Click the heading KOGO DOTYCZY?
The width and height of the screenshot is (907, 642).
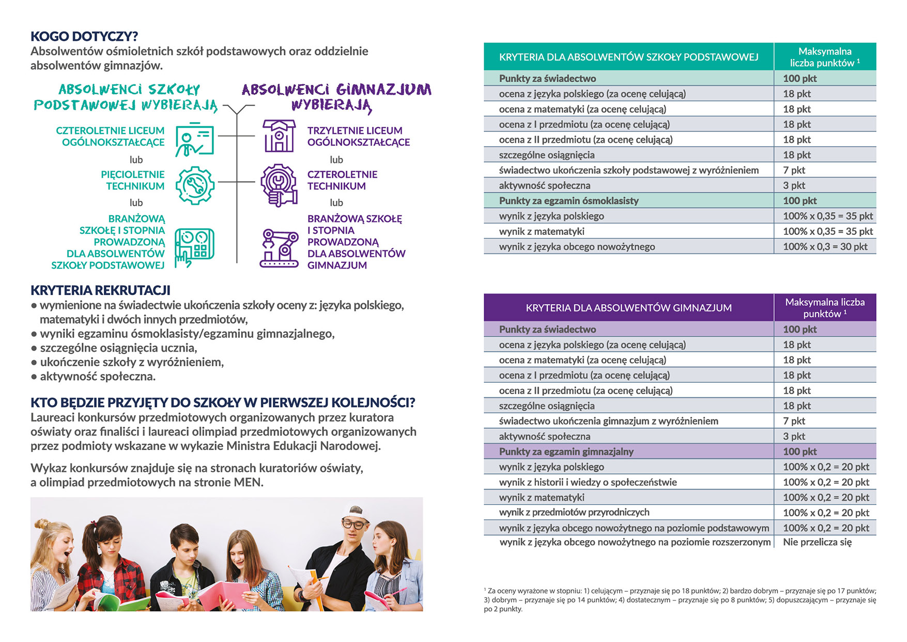(x=84, y=36)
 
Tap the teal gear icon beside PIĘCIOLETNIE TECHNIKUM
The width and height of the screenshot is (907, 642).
(x=194, y=185)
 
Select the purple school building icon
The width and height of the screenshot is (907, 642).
(x=279, y=136)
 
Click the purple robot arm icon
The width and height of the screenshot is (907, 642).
(x=279, y=249)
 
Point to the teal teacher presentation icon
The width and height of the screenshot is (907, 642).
(x=194, y=139)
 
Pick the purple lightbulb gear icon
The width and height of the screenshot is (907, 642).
(x=279, y=185)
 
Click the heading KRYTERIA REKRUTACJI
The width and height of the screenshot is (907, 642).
(x=100, y=290)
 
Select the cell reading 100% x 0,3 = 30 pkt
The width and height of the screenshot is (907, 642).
(x=825, y=247)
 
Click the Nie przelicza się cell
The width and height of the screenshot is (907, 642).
(x=817, y=542)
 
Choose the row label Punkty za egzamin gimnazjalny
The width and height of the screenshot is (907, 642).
(x=566, y=452)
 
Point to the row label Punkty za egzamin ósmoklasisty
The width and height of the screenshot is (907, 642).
(x=568, y=201)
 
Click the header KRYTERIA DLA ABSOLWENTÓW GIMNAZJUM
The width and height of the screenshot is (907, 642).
(x=628, y=308)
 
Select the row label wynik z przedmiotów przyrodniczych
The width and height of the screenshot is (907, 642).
(x=574, y=512)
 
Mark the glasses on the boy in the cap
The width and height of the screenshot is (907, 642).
(x=354, y=525)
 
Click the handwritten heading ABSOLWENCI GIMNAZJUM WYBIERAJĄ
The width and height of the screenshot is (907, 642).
(x=336, y=97)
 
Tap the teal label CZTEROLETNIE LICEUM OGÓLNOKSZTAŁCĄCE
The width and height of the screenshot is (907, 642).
(x=110, y=137)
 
